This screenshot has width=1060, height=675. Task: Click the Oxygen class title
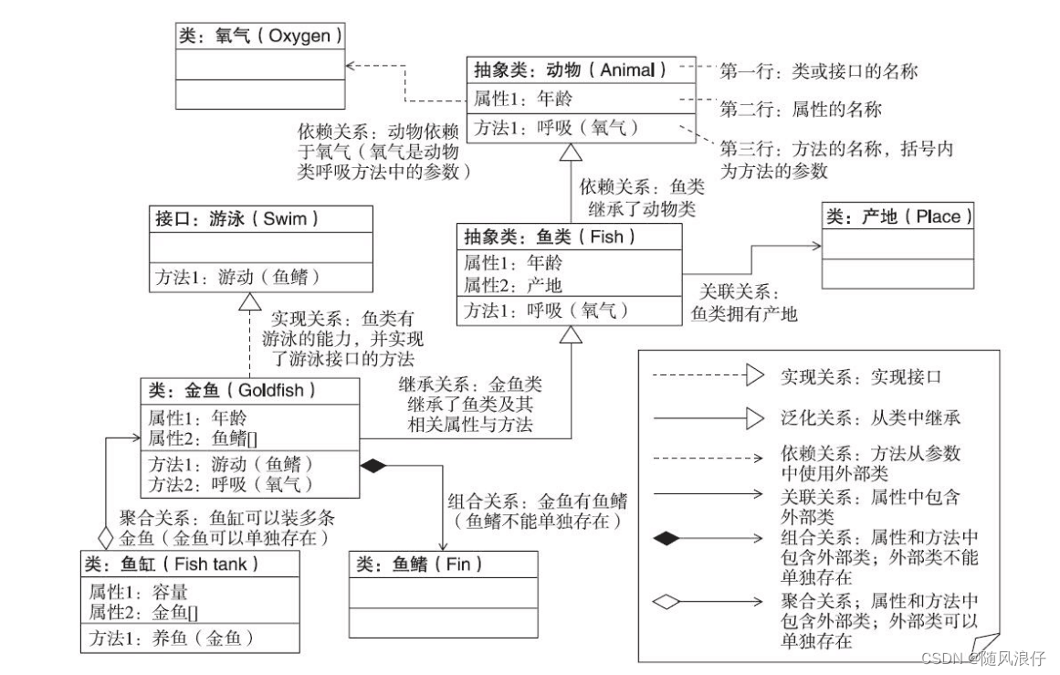(x=260, y=37)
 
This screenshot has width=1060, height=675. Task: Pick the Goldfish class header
(x=249, y=390)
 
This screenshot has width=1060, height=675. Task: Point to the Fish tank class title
(x=188, y=564)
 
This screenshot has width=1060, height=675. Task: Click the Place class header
(x=897, y=216)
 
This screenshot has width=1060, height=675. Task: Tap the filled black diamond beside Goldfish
(x=373, y=466)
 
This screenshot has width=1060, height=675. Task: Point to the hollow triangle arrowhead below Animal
(x=570, y=152)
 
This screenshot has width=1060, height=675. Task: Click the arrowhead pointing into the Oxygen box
(x=352, y=66)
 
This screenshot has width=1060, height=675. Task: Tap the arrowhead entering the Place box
(x=816, y=245)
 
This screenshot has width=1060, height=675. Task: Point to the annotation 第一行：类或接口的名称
(x=818, y=70)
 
